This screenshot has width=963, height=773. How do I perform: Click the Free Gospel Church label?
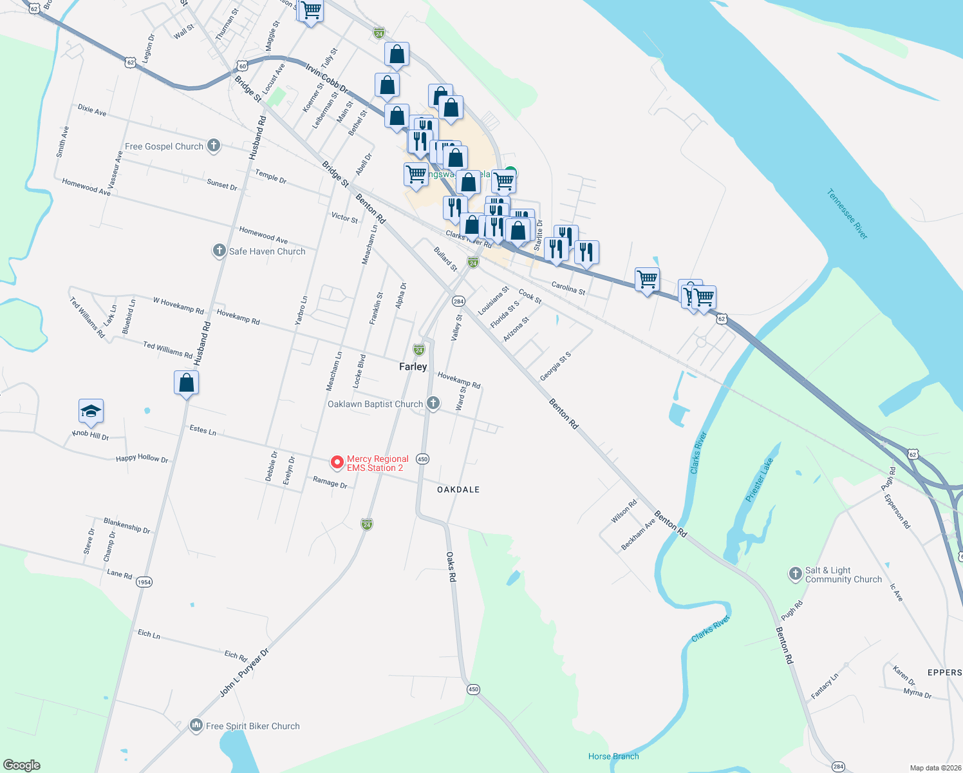[x=164, y=147]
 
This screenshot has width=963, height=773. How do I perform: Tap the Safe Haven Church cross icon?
[x=220, y=251]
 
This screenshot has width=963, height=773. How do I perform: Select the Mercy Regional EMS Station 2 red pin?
[x=337, y=463]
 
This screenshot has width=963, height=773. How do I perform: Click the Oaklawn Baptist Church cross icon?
[x=433, y=403]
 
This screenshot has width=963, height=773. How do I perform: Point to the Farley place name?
[x=413, y=367]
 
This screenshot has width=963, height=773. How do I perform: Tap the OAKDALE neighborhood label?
[x=458, y=490]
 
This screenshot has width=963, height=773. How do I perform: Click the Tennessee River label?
[x=847, y=214]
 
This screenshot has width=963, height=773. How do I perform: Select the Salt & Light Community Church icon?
[x=796, y=574]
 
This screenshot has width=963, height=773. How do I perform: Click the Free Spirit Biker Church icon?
[x=196, y=726]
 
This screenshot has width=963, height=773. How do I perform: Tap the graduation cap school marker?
[x=91, y=411]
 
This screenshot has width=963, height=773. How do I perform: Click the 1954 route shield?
[x=144, y=582]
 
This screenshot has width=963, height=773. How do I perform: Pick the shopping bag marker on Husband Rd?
[x=186, y=383]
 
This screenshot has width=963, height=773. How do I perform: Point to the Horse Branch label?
[x=613, y=756]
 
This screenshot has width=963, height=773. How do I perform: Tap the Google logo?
[x=21, y=765]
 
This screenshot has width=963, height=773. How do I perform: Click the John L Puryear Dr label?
[x=244, y=673]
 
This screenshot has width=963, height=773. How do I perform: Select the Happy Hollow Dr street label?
[x=142, y=458]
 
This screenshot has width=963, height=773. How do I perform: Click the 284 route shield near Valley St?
[x=458, y=301]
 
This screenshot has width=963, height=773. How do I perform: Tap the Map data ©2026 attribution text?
[x=933, y=768]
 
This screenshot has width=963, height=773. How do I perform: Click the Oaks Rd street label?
[x=451, y=567]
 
